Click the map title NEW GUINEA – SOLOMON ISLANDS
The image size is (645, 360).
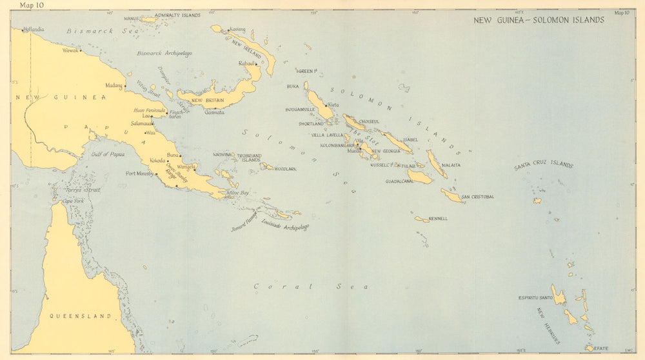[x=539, y=20]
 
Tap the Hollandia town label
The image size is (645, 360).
[x=34, y=29]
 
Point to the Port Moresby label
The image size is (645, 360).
[x=139, y=173]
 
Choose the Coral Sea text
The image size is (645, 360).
[x=310, y=286]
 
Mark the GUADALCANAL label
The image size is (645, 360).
[x=399, y=181]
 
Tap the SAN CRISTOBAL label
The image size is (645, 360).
[x=478, y=197]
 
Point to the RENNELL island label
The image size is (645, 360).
[x=438, y=219]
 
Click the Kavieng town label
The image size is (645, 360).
[x=237, y=30]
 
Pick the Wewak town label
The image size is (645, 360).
[x=70, y=50]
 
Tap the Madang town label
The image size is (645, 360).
[x=114, y=85]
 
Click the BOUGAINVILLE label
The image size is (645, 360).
[x=300, y=110]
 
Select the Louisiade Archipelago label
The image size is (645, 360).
[x=285, y=226]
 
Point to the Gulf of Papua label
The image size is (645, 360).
[x=108, y=155]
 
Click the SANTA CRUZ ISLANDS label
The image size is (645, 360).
[x=543, y=166]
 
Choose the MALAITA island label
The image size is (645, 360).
[x=451, y=165]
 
